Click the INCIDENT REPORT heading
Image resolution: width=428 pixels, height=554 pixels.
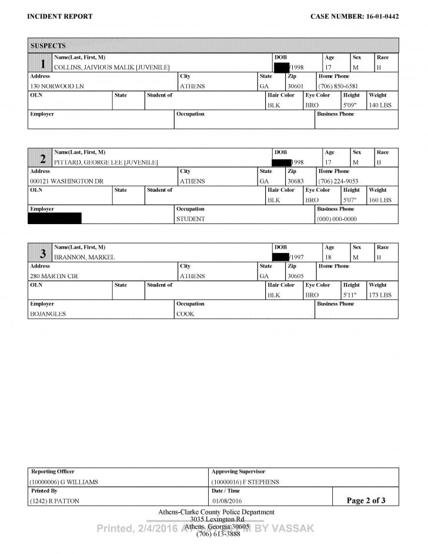(60, 16)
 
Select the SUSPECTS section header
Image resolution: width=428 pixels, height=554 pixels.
(48, 45)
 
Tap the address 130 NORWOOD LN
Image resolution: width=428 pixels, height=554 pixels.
(53, 86)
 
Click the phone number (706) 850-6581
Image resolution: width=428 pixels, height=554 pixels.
(338, 86)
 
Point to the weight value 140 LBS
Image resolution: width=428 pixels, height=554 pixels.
(380, 105)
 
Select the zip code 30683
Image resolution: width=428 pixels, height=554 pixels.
(296, 181)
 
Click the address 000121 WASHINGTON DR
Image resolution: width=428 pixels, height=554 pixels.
(66, 181)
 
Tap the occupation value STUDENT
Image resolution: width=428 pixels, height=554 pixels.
(190, 219)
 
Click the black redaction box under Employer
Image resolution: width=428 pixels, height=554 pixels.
(55, 219)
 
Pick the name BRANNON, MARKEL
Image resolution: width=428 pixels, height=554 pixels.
(85, 257)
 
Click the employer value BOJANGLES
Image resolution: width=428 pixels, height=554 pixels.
(48, 314)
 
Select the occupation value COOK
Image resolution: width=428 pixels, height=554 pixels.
(185, 314)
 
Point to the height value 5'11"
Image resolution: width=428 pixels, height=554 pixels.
(350, 295)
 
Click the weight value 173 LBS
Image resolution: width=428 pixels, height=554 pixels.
(380, 295)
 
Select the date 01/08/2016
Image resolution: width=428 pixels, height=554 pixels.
(226, 501)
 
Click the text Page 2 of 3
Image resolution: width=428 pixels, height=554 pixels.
(366, 500)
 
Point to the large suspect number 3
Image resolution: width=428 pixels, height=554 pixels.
(42, 254)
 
